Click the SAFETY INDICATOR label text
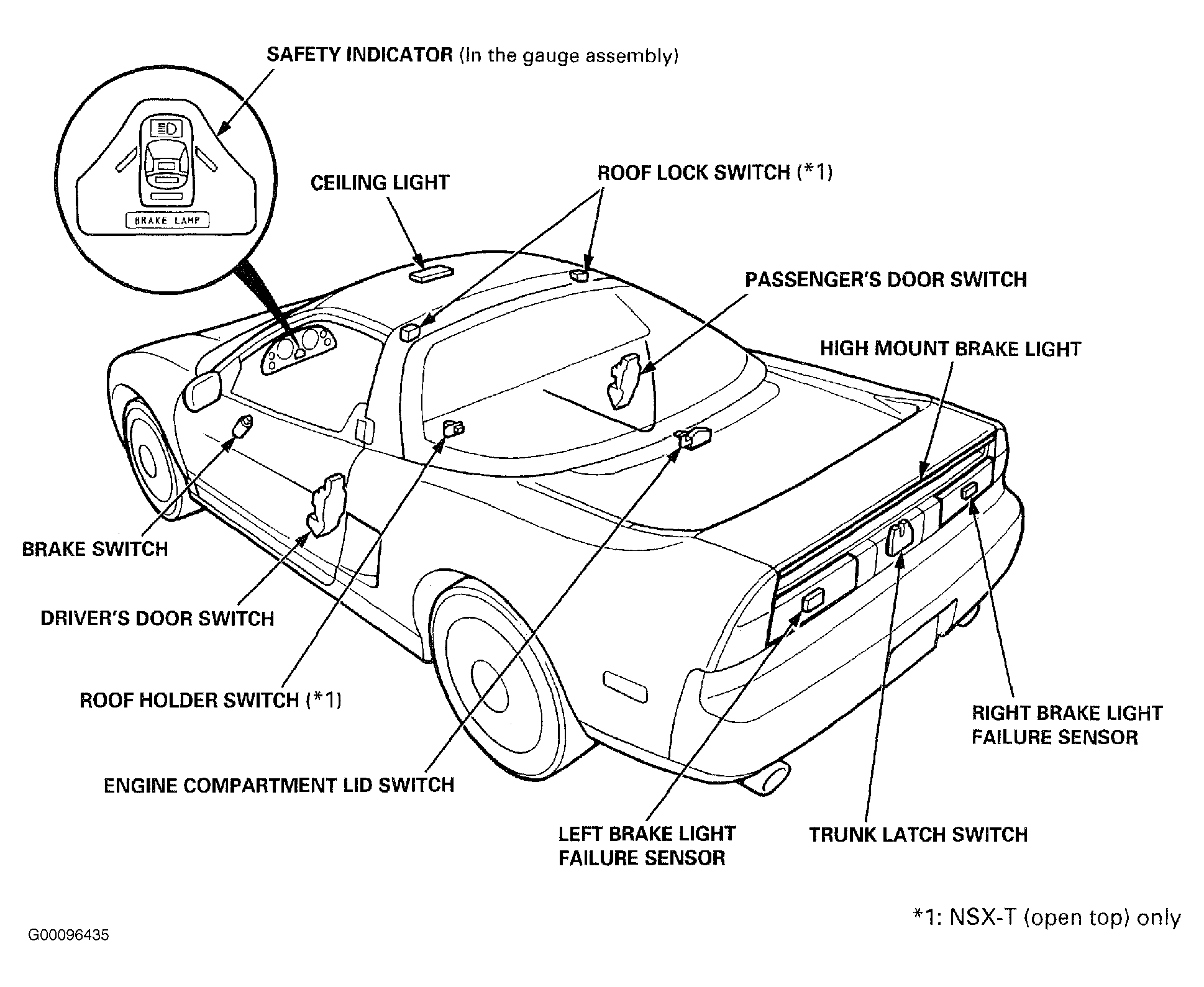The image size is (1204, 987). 360,55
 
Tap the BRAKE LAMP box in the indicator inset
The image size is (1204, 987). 168,221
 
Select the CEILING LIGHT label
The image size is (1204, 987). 380,183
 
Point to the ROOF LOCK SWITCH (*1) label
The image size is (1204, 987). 714,172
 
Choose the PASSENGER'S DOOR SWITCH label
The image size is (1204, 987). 886,280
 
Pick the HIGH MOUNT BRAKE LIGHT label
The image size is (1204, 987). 951,348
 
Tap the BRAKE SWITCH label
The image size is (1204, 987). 95,549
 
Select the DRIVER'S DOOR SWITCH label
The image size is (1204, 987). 157,619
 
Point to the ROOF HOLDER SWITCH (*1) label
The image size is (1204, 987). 211,700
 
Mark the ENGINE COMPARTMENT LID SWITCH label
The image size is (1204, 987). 279,785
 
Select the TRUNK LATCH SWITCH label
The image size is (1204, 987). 918,834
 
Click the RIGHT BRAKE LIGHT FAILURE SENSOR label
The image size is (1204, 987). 1067,725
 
